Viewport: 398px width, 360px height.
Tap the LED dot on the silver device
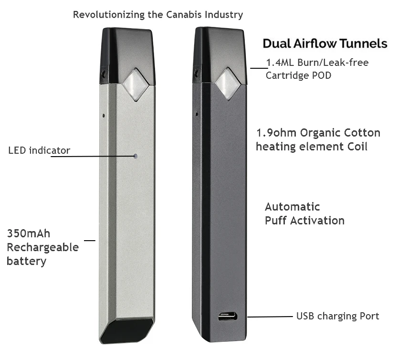click(x=136, y=156)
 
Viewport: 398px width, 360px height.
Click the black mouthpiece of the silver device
click(x=127, y=53)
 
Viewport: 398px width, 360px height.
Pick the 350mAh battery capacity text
click(x=29, y=233)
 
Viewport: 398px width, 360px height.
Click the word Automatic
click(x=292, y=207)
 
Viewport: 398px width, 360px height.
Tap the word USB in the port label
click(x=306, y=316)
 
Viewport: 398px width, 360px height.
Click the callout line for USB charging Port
click(x=270, y=316)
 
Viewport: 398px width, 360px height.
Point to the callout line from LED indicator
click(x=91, y=156)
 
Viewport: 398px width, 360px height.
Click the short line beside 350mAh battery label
click(x=90, y=240)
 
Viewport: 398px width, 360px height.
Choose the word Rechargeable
click(x=42, y=247)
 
